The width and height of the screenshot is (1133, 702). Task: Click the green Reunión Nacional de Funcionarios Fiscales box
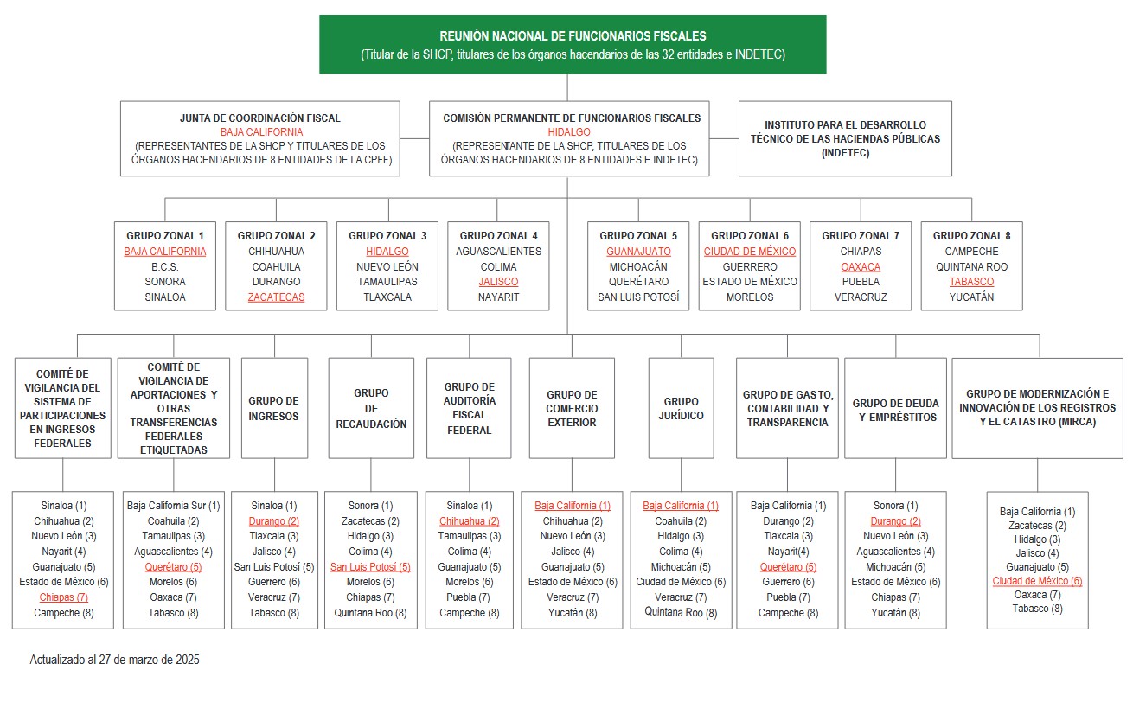coord(573,44)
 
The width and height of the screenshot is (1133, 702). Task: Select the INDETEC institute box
coord(844,138)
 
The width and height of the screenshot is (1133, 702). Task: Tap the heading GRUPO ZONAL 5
coord(638,235)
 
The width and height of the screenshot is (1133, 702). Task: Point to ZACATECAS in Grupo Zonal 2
coord(276,297)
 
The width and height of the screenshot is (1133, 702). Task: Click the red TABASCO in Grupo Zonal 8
coord(971,282)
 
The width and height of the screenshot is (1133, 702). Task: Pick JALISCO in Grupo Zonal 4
coord(498,282)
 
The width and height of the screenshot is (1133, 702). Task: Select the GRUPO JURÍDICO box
coord(682,408)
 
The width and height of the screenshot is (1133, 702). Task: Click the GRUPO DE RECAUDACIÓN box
coord(371,408)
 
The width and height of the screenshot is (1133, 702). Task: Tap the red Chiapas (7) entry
coord(63,597)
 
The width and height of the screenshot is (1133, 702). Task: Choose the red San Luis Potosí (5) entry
coord(370,567)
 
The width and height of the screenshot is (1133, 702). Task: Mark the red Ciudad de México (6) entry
coord(1037,581)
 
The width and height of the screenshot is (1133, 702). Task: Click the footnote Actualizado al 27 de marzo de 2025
coord(115,660)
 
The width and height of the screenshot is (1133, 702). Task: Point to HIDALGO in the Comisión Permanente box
coord(569,132)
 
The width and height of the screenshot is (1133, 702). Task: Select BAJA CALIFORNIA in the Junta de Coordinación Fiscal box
coord(261,132)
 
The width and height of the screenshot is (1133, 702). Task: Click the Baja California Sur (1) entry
coord(173,506)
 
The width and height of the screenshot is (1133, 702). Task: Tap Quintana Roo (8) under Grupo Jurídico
coord(681,612)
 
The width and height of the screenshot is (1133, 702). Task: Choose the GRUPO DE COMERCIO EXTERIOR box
coord(572,408)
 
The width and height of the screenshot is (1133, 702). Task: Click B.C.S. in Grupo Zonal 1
coord(164,266)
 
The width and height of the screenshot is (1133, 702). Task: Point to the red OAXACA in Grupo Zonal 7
coord(860,266)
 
